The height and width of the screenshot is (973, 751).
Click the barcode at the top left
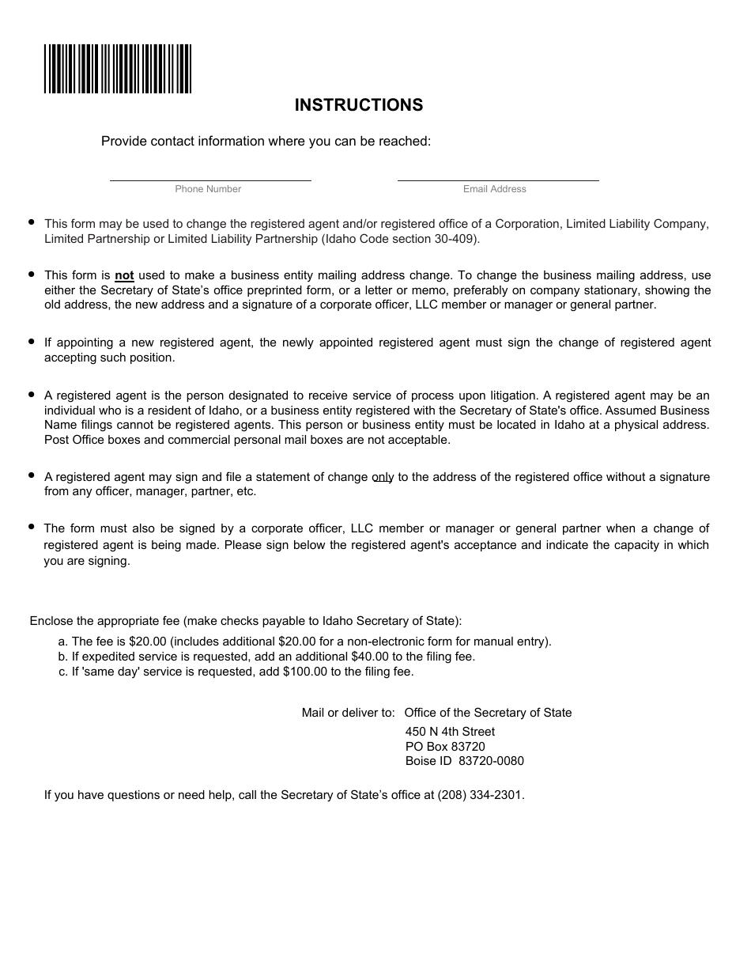click(x=118, y=69)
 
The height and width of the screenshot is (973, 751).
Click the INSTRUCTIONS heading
click(x=359, y=105)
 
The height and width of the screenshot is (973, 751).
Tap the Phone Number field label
click(x=208, y=189)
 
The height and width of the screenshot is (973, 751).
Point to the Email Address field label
click(x=495, y=189)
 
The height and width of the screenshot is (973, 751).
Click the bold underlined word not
click(x=124, y=275)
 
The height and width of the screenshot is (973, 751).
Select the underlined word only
click(x=383, y=477)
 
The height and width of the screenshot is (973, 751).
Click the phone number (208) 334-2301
click(x=480, y=795)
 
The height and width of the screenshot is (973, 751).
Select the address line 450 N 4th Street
click(x=450, y=732)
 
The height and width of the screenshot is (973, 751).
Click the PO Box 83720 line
click(x=445, y=747)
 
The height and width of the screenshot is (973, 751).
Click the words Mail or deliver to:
click(x=348, y=713)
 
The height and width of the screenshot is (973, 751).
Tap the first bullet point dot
click(x=32, y=222)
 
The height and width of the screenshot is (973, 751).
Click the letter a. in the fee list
click(x=62, y=642)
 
